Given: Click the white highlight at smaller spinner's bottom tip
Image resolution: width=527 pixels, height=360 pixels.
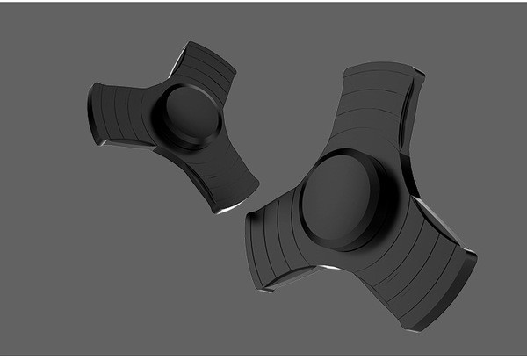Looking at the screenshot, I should tap(230, 207).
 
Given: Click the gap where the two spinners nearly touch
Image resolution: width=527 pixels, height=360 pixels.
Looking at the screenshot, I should tap(242, 211).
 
